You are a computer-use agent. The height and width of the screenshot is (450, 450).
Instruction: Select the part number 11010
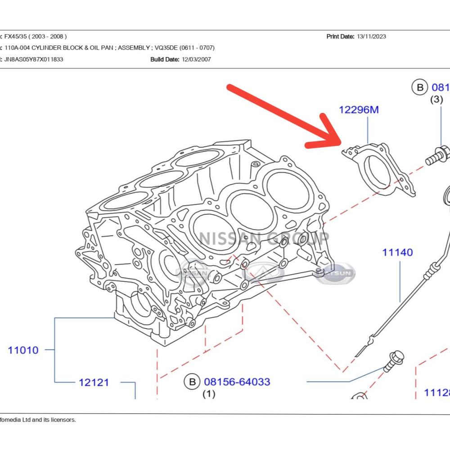click(23, 350)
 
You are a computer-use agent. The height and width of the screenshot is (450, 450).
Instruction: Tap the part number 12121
click(94, 382)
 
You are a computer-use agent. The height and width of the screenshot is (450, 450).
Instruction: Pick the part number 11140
click(397, 252)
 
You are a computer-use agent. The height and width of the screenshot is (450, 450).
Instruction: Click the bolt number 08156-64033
click(237, 382)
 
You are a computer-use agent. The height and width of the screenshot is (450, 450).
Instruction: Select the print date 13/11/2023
click(371, 36)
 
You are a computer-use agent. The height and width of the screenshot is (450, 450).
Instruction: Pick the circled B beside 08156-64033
click(192, 382)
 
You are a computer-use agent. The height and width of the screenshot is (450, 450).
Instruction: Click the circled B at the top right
click(420, 87)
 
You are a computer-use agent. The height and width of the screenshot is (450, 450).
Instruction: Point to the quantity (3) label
click(436, 99)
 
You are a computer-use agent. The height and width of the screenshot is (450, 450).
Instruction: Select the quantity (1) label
click(208, 394)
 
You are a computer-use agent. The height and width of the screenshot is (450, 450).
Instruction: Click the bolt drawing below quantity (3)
click(437, 154)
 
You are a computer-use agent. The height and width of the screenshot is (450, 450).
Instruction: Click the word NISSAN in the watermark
click(230, 238)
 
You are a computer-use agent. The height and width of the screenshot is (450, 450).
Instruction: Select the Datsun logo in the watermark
click(335, 273)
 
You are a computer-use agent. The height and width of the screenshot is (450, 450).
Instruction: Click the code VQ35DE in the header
click(167, 48)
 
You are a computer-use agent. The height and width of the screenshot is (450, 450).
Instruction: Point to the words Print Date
click(340, 36)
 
